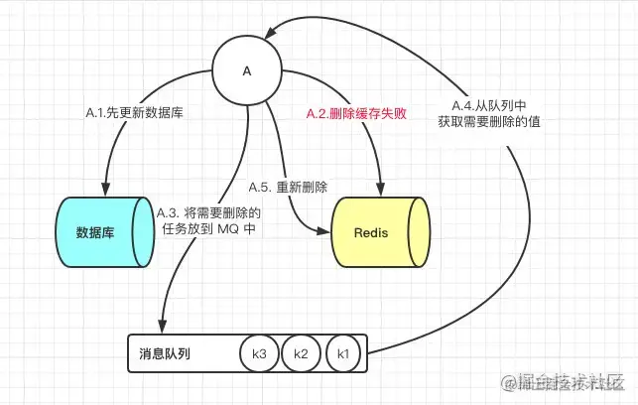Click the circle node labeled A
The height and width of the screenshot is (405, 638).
[x=247, y=71]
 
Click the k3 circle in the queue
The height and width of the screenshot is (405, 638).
[x=260, y=353]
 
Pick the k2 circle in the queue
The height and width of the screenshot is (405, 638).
[x=302, y=353]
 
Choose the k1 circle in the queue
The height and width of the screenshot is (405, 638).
[x=343, y=353]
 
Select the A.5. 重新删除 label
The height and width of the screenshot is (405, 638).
[x=288, y=186]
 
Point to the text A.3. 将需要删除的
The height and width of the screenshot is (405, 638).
[x=208, y=211]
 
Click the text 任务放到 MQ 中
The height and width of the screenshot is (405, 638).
[x=208, y=228]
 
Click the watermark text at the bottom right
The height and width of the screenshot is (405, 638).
[x=565, y=382]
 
